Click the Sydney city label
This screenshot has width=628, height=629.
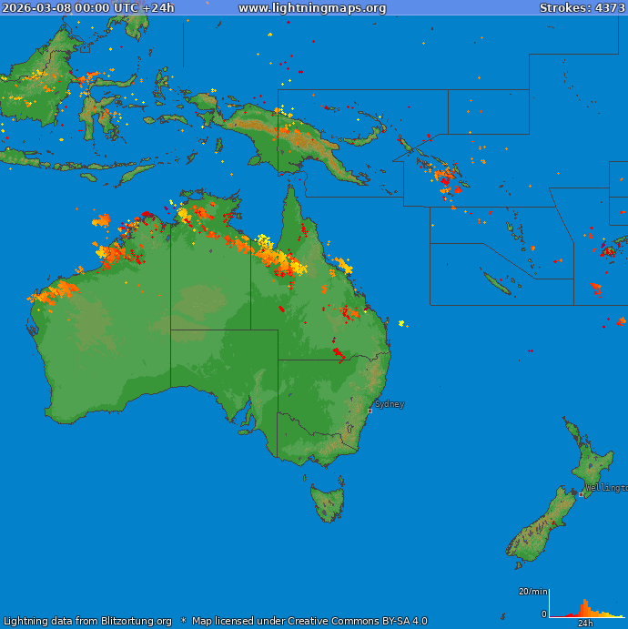tap(390, 404)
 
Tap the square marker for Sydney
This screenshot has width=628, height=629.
tap(370, 411)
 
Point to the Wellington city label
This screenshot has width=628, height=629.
tap(606, 488)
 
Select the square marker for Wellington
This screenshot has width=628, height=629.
tap(582, 494)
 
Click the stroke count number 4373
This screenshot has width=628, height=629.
tap(611, 8)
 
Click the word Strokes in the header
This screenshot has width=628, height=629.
tap(562, 8)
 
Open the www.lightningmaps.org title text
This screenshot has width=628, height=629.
tap(312, 8)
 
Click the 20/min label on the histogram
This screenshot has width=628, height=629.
tap(532, 592)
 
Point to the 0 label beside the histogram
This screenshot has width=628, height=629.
tap(544, 614)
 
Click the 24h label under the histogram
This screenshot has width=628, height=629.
tap(585, 624)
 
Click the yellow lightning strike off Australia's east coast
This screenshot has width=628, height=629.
tap(401, 323)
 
